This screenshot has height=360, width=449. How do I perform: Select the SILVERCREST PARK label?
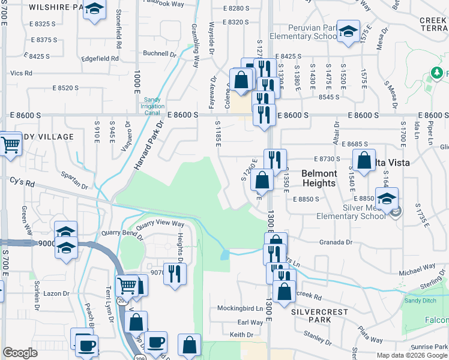(x=312, y=316)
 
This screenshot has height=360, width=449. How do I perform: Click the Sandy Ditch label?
(x=420, y=301)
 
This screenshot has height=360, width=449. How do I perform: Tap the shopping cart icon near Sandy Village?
(x=10, y=144)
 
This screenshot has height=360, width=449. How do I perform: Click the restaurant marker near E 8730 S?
(x=275, y=160)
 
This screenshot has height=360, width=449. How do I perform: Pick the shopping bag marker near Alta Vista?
(x=364, y=160)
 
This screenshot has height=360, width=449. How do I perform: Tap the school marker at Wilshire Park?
(x=94, y=10)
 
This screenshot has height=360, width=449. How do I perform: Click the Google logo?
(x=20, y=353)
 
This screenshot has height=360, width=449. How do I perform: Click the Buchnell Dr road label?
(x=160, y=53)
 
